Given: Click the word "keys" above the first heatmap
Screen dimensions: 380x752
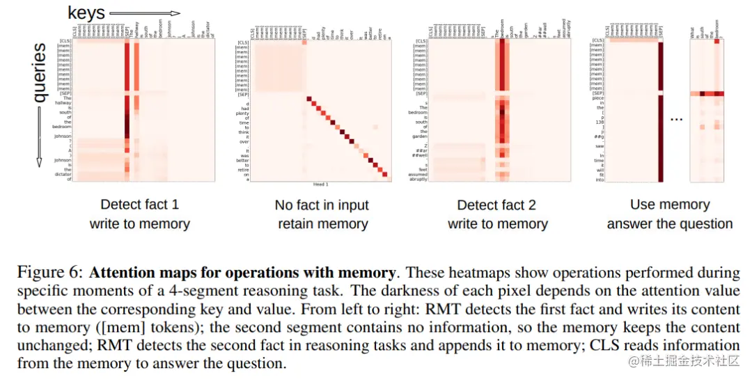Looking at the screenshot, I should (86, 12).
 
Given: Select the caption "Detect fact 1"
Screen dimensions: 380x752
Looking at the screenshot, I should (139, 205).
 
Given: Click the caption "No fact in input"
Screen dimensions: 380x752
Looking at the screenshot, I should (322, 205).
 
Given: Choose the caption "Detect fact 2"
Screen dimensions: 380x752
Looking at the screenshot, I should (497, 205).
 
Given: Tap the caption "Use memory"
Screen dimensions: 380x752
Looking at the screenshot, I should (669, 205).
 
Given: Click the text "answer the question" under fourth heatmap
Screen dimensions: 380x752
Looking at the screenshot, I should (669, 224).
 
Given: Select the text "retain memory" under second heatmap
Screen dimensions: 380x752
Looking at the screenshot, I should (322, 224).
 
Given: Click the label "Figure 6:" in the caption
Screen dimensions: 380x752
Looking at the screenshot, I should (50, 272).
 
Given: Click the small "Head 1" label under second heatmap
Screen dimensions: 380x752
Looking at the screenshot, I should (322, 184).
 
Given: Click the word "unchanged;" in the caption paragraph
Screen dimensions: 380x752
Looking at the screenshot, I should (48, 345).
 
